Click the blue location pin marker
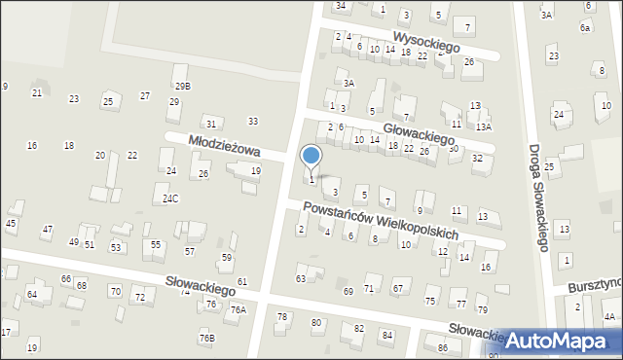311,156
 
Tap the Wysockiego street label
439,41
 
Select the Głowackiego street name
419,131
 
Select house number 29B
182,86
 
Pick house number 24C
170,198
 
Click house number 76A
238,309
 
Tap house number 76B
206,338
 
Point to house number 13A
484,126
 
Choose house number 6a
585,28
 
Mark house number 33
253,121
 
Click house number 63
301,279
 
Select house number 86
443,347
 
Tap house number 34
340,6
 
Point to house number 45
11,224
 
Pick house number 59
227,258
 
